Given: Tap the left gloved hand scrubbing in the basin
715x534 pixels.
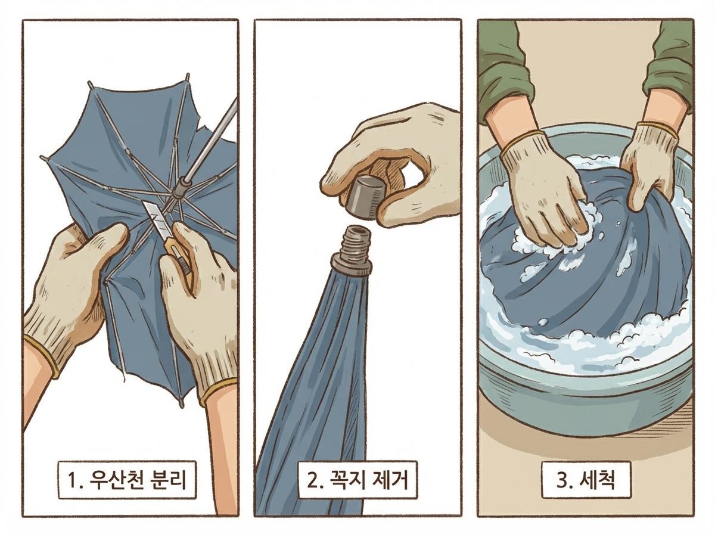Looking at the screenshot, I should [x=542, y=191].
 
